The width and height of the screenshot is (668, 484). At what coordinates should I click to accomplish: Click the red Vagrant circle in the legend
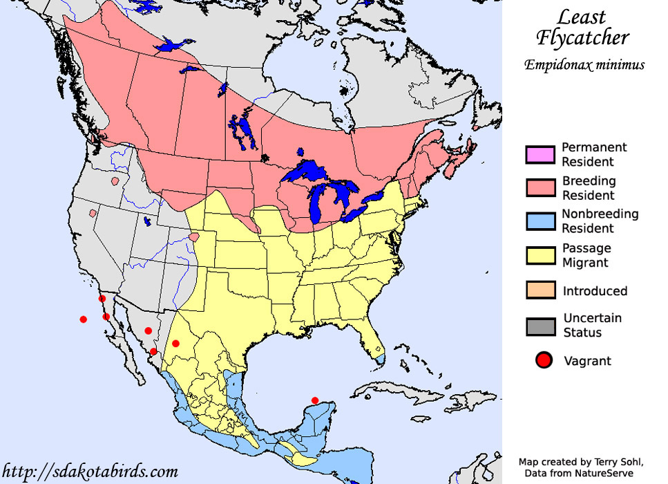click(x=544, y=360)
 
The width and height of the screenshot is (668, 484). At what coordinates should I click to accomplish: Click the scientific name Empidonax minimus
click(x=584, y=65)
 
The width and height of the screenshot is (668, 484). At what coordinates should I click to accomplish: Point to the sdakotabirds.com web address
click(x=90, y=472)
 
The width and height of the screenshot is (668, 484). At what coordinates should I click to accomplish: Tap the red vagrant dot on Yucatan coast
click(x=315, y=400)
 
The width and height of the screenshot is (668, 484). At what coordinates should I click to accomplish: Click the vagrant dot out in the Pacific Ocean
click(x=84, y=319)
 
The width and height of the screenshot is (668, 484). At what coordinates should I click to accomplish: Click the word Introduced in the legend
click(x=595, y=291)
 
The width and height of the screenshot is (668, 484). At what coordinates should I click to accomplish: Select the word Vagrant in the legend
click(x=587, y=361)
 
